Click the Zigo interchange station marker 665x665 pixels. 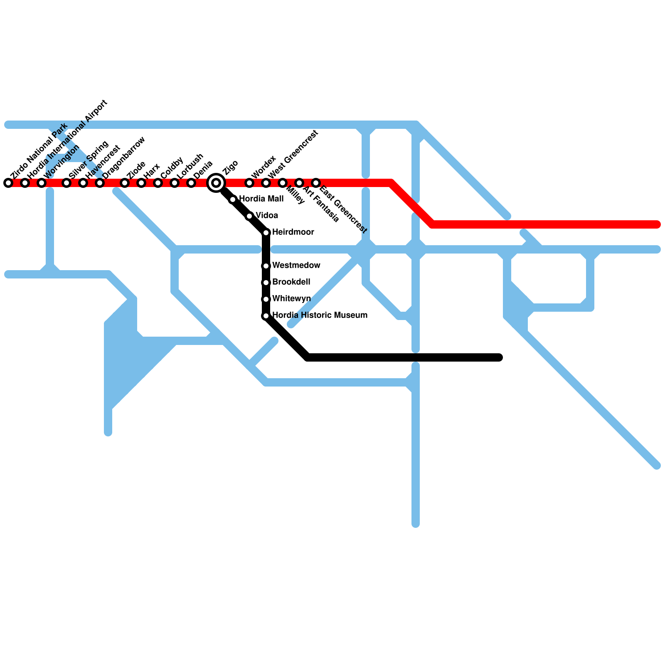pyautogui.click(x=216, y=183)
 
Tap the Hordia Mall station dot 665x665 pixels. pyautogui.click(x=233, y=199)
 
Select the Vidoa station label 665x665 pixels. pyautogui.click(x=266, y=215)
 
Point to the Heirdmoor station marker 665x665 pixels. pyautogui.click(x=266, y=233)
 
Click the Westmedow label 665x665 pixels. pyautogui.click(x=296, y=265)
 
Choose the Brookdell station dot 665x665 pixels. pyautogui.click(x=266, y=283)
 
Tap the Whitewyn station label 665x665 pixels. pyautogui.click(x=291, y=298)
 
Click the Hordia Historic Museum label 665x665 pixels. pyautogui.click(x=320, y=315)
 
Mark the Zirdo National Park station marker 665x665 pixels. pyautogui.click(x=8, y=183)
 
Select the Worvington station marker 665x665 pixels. pyautogui.click(x=42, y=183)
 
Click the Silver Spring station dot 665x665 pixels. pyautogui.click(x=66, y=183)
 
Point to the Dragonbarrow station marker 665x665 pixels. pyautogui.click(x=100, y=183)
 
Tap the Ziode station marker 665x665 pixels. pyautogui.click(x=125, y=183)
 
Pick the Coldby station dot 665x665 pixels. pyautogui.click(x=158, y=183)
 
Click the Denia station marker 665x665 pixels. pyautogui.click(x=191, y=183)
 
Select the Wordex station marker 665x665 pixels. pyautogui.click(x=249, y=183)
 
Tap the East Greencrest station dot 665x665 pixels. pyautogui.click(x=316, y=183)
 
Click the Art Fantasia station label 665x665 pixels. pyautogui.click(x=321, y=204)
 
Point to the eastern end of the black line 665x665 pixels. pyautogui.click(x=500, y=357)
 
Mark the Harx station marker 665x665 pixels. pyautogui.click(x=141, y=183)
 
